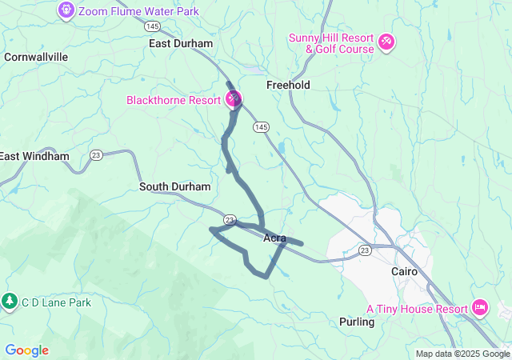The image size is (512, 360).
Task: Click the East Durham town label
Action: click(181, 43)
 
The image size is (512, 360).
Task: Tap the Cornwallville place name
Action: click(36, 57)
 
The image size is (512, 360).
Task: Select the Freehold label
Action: click(288, 85)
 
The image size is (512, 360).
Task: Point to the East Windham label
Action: click(34, 156)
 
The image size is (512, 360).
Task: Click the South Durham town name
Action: click(174, 186)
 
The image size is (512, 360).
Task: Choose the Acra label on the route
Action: click(274, 238)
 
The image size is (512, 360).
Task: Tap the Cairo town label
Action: click(404, 271)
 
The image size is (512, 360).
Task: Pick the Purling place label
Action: click(357, 322)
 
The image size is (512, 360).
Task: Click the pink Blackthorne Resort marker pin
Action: click(234, 99)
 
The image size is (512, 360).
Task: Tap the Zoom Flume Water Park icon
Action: click(66, 10)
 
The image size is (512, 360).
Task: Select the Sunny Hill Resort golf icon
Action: click(386, 40)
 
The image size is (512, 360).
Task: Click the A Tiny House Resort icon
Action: click(480, 307)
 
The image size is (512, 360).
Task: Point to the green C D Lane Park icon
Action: click(10, 302)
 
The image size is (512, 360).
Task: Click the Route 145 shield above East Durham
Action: click(154, 26)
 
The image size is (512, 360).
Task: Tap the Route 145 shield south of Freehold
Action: click(261, 127)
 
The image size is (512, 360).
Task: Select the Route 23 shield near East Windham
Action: click(96, 155)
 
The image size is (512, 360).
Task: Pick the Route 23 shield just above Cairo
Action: click(365, 250)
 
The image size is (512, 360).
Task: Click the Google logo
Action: click(26, 350)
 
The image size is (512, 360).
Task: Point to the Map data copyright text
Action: click(462, 354)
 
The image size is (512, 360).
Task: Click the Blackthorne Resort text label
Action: click(174, 100)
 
